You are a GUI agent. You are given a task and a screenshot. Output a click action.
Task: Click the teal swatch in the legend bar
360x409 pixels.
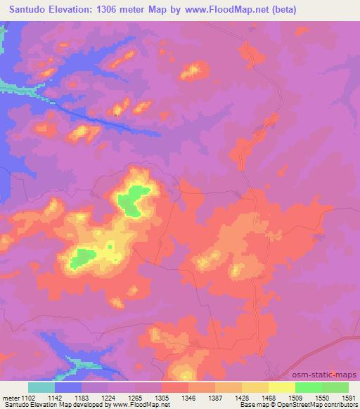point(41,387)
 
